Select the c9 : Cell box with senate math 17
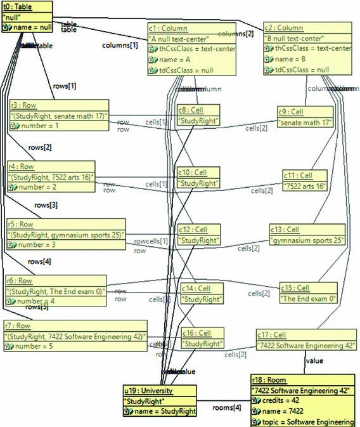click(305, 117)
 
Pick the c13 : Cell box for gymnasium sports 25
click(307, 235)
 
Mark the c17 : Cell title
click(273, 335)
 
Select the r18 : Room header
click(269, 379)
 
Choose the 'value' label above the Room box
click(314, 361)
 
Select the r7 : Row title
click(24, 325)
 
